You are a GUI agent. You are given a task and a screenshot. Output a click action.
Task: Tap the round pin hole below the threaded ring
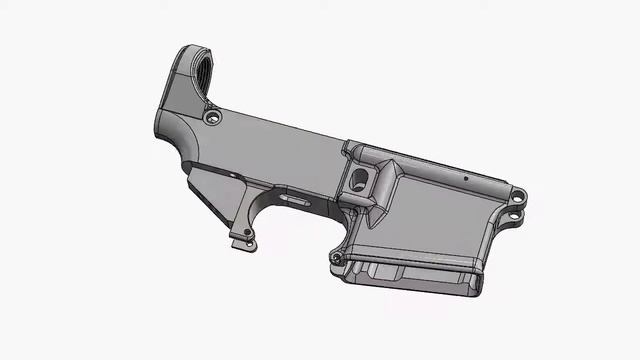[211, 118]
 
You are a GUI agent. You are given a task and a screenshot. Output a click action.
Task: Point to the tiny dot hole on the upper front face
[465, 179]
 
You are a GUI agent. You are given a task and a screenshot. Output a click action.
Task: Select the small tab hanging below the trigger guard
[240, 241]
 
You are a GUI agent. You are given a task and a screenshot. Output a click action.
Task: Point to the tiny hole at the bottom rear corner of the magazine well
[337, 258]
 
